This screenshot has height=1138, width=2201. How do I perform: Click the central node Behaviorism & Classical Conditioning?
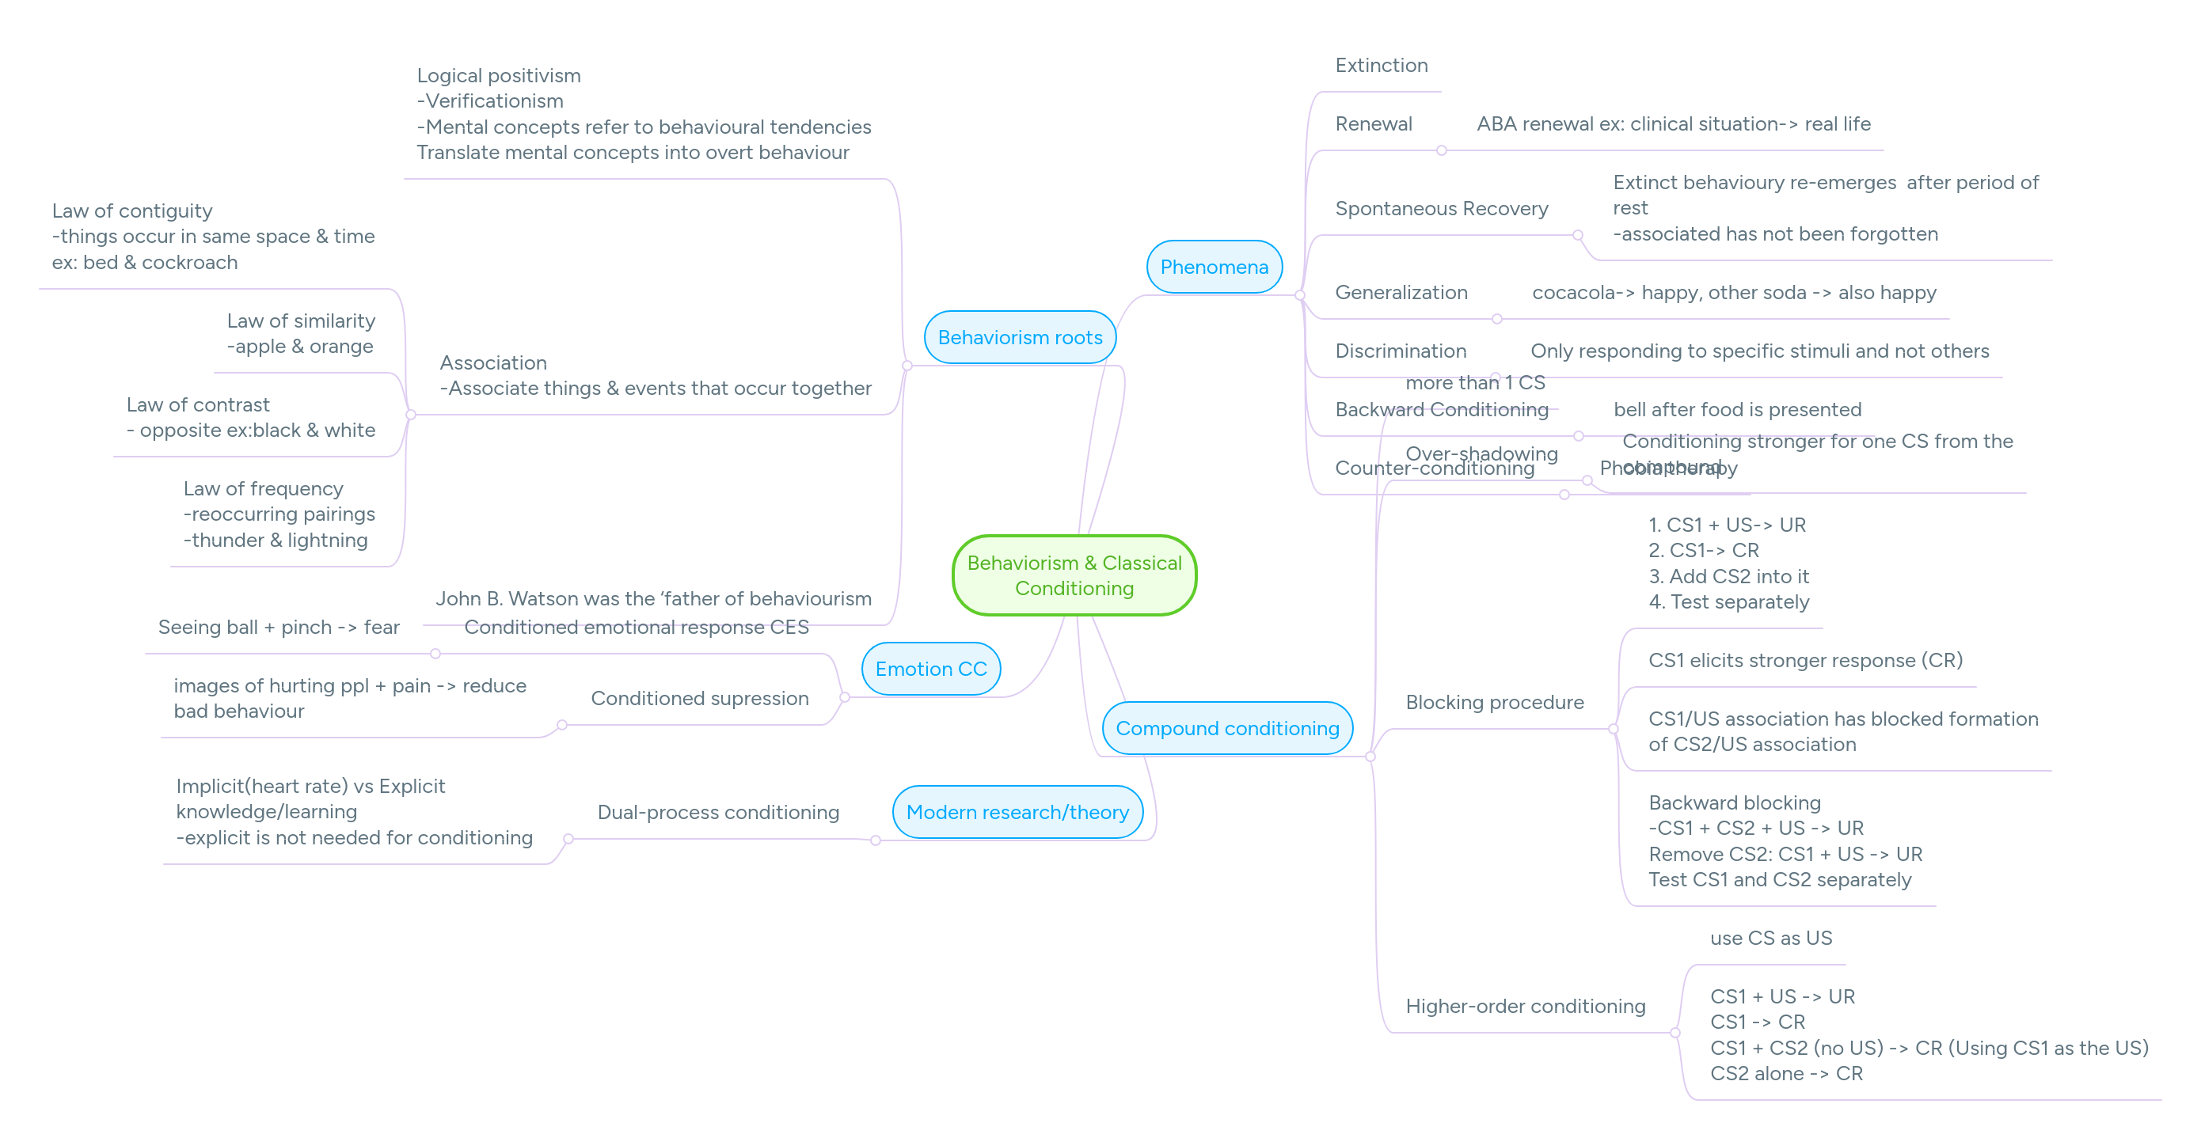click(1074, 575)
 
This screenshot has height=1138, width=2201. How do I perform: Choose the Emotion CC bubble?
click(930, 669)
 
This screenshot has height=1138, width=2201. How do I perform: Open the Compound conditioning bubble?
click(1226, 728)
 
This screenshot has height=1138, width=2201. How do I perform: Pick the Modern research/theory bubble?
click(1017, 812)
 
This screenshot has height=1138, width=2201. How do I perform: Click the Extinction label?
click(1381, 66)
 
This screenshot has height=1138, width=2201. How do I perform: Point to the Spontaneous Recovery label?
click(1441, 208)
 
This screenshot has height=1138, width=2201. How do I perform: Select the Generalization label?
click(1401, 292)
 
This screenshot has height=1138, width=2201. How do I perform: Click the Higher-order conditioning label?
click(1524, 1007)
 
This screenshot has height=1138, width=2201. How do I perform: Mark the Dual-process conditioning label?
click(718, 812)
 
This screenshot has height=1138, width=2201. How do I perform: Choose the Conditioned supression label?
click(699, 698)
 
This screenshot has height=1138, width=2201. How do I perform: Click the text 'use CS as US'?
click(1770, 938)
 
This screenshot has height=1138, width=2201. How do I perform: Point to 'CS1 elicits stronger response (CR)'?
click(1804, 661)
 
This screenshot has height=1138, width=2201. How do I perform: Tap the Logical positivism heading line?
click(498, 76)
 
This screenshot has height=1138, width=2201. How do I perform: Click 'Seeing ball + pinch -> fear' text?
click(279, 627)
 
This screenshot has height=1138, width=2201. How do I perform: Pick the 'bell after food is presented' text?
click(1736, 409)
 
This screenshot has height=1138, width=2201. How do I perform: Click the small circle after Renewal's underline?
click(1442, 150)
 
